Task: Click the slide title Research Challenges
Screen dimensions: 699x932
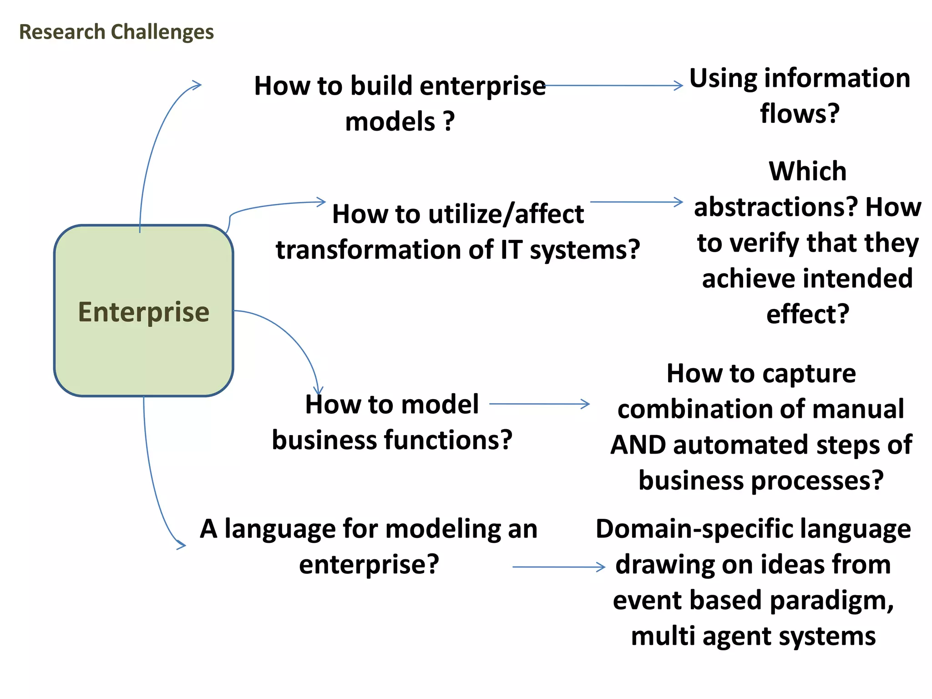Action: coord(116,32)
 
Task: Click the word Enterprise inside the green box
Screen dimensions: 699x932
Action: coord(144,312)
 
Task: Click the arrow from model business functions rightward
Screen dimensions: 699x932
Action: coord(539,404)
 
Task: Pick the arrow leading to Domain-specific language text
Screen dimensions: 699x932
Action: coord(559,567)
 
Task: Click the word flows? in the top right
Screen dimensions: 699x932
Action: coord(800,113)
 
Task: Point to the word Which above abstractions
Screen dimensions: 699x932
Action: coord(807,172)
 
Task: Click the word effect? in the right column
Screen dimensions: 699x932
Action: coord(807,314)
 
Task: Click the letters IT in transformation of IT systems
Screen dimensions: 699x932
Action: coord(511,250)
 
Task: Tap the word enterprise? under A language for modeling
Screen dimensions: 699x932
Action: coord(369,564)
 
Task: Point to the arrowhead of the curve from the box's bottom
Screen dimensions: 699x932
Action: coord(182,545)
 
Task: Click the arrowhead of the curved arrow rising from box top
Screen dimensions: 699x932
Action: coord(197,85)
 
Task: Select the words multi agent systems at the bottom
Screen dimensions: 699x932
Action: coord(753,636)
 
